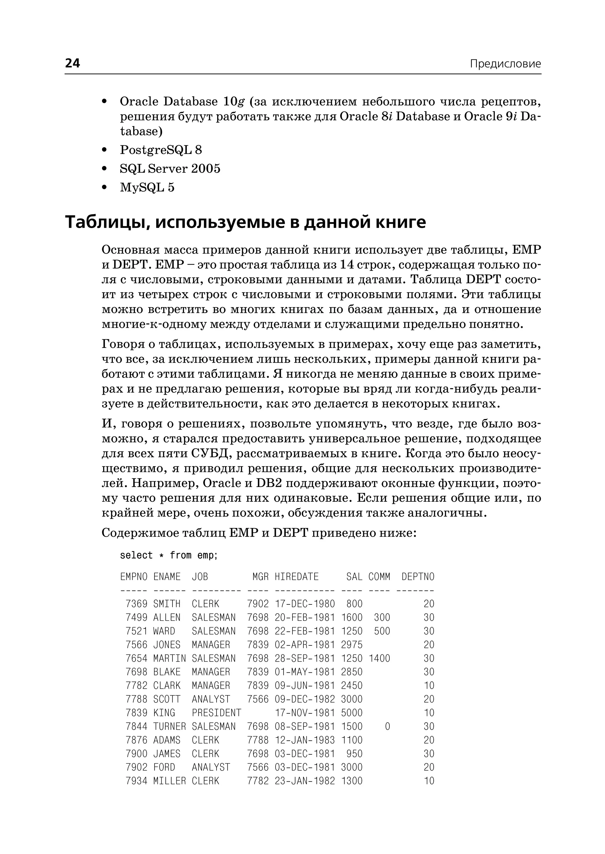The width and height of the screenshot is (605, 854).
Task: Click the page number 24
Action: point(73,63)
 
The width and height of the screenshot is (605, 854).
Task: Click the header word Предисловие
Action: point(505,64)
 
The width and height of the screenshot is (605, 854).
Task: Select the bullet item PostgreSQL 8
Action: point(161,150)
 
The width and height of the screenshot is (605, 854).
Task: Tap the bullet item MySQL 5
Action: point(147,187)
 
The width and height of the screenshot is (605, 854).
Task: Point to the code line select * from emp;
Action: point(168,555)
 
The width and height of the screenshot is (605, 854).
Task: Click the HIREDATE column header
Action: point(297,577)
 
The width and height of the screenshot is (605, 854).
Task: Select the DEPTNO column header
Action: point(418,577)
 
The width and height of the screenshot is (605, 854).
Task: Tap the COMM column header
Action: point(379,577)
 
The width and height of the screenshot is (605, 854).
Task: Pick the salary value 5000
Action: point(352,713)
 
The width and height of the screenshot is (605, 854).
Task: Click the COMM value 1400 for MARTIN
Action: point(379,659)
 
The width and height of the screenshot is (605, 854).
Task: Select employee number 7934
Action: point(136,781)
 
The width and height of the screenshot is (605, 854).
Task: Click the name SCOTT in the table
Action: point(167,699)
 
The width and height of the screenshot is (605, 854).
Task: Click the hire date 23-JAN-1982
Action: point(305,781)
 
